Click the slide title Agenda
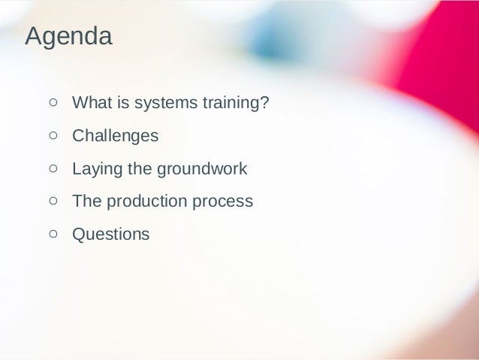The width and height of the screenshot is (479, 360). (68, 37)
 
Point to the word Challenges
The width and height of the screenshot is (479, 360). (115, 136)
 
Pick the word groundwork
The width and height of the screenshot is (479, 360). (201, 169)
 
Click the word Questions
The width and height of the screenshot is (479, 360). (110, 234)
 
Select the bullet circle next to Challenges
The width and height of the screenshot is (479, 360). (53, 136)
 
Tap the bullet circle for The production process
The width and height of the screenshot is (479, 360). (53, 201)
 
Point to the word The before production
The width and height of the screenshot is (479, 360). (86, 201)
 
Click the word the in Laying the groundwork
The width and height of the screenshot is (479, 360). (139, 169)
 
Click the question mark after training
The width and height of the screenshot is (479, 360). (264, 103)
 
